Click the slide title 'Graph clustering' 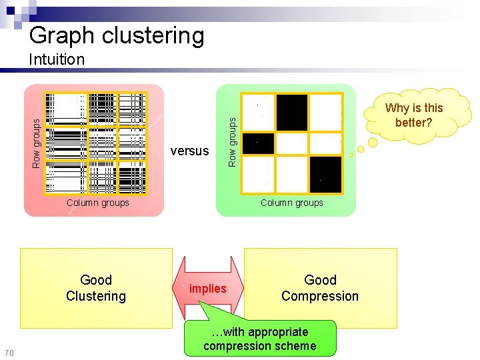pyautogui.click(x=117, y=35)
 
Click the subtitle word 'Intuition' pyautogui.click(x=57, y=59)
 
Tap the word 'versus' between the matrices pyautogui.click(x=189, y=151)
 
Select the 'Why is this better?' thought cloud pyautogui.click(x=414, y=115)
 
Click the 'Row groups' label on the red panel pyautogui.click(x=37, y=141)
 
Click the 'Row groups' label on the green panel pyautogui.click(x=232, y=141)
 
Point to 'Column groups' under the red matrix pyautogui.click(x=97, y=203)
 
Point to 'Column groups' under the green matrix pyautogui.click(x=291, y=203)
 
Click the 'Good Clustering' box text pyautogui.click(x=96, y=288)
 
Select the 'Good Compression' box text pyautogui.click(x=320, y=288)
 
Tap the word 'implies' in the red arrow pyautogui.click(x=207, y=289)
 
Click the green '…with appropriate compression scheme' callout pyautogui.click(x=260, y=339)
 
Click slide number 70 pyautogui.click(x=9, y=353)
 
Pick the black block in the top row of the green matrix pyautogui.click(x=292, y=112)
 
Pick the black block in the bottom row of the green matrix pyautogui.click(x=325, y=175)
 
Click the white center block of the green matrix pyautogui.click(x=292, y=143)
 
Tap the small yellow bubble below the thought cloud pyautogui.click(x=351, y=155)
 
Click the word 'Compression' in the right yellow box pyautogui.click(x=320, y=296)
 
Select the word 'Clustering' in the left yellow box pyautogui.click(x=96, y=296)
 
